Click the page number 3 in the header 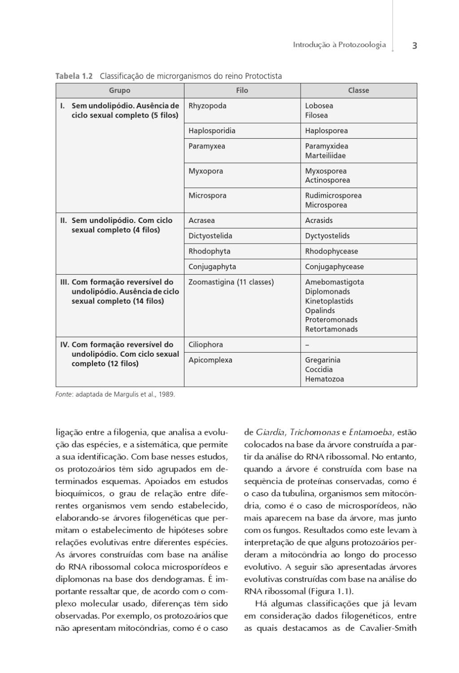(x=414, y=46)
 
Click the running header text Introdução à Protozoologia (x=339, y=45)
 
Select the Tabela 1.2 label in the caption (x=74, y=76)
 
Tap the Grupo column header (x=119, y=91)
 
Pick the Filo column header (x=242, y=91)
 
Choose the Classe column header (x=358, y=91)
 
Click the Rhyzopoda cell (x=207, y=106)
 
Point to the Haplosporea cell (x=326, y=131)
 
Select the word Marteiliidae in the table (x=325, y=156)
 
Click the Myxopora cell (x=205, y=171)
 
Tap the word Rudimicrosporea (x=333, y=196)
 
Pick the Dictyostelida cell (x=210, y=236)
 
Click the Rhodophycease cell (x=331, y=251)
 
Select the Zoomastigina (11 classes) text (x=231, y=282)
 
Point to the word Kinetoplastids (x=329, y=301)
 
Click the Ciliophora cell (x=205, y=345)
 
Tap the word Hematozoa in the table (x=324, y=379)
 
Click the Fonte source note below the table (x=115, y=395)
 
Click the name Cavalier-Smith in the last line (x=388, y=628)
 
